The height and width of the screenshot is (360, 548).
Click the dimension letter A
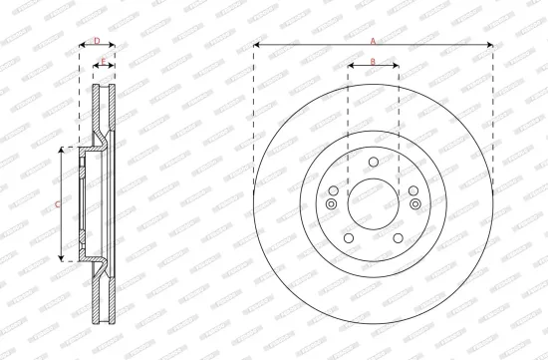pyautogui.click(x=373, y=41)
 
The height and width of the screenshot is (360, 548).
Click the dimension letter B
pyautogui.click(x=373, y=62)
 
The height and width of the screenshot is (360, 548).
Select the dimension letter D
pyautogui.click(x=97, y=40)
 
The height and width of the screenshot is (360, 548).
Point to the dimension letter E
pyautogui.click(x=104, y=62)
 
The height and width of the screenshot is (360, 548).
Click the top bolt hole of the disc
pyautogui.click(x=373, y=163)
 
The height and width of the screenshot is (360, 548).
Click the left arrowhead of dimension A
pyautogui.click(x=257, y=46)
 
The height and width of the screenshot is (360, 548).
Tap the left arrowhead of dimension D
pyautogui.click(x=81, y=46)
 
